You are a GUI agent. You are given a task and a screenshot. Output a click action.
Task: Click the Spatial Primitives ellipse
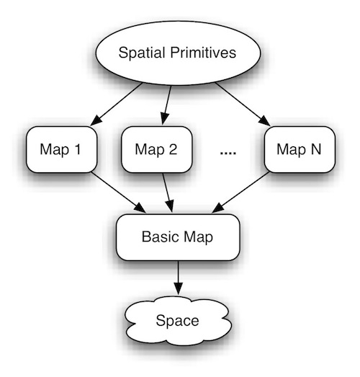(178, 53)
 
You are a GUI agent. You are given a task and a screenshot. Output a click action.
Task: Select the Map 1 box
(62, 149)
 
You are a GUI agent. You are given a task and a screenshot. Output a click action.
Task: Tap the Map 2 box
(156, 149)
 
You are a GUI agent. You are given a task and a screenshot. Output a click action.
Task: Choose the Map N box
(300, 149)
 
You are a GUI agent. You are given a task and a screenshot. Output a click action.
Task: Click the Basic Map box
(178, 237)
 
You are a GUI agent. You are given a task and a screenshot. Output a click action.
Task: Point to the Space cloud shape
(178, 321)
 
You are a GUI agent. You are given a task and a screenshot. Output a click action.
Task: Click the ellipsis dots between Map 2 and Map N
(228, 153)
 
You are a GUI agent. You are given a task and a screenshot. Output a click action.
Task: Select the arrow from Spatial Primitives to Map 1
(116, 104)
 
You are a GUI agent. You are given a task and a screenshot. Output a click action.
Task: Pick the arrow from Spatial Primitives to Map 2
(166, 105)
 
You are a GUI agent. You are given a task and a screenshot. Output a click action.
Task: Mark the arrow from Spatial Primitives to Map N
(243, 104)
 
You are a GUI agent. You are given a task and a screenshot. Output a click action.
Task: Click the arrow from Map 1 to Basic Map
(119, 192)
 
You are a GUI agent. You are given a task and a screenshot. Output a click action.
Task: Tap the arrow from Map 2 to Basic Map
(168, 192)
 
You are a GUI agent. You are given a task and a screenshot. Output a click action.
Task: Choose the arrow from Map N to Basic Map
(240, 192)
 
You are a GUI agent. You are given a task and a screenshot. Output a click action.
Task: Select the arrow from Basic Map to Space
(178, 278)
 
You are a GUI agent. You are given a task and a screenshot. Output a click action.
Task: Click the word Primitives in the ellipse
(203, 53)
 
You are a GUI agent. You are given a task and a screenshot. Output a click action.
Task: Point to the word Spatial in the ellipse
(142, 53)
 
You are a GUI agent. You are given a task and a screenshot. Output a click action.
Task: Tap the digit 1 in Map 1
(78, 149)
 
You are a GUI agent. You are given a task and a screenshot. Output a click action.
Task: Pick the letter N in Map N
(316, 149)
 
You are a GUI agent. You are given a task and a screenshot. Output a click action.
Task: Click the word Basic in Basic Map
(159, 237)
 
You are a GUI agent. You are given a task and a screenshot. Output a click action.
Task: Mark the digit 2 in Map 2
(173, 149)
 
